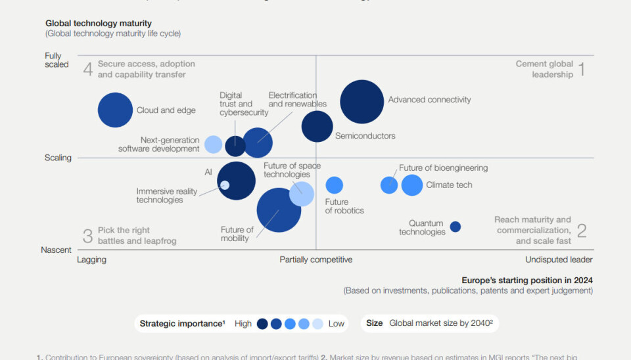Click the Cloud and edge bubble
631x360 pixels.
[x=115, y=110]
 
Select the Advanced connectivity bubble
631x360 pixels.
[x=362, y=102]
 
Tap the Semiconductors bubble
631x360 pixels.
[x=317, y=126]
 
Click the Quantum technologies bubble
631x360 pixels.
[x=455, y=227]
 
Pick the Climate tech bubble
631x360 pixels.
[x=412, y=185]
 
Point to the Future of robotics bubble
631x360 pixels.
[x=335, y=185]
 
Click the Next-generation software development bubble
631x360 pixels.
[x=213, y=145]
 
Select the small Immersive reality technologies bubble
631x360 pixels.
[x=225, y=185]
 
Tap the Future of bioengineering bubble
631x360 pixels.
[x=389, y=185]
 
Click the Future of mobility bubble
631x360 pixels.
[x=278, y=210]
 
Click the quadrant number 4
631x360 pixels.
[x=87, y=69]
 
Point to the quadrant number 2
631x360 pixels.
[x=582, y=231]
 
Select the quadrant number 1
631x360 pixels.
[x=580, y=69]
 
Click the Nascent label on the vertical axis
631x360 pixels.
[x=56, y=250]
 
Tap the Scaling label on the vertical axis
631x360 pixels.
[x=58, y=158]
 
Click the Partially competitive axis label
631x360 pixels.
[x=315, y=259]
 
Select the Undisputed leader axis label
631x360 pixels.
[x=559, y=259]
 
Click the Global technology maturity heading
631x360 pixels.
[x=99, y=24]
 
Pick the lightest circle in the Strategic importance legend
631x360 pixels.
[x=317, y=324]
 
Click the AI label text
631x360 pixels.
[x=208, y=172]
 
